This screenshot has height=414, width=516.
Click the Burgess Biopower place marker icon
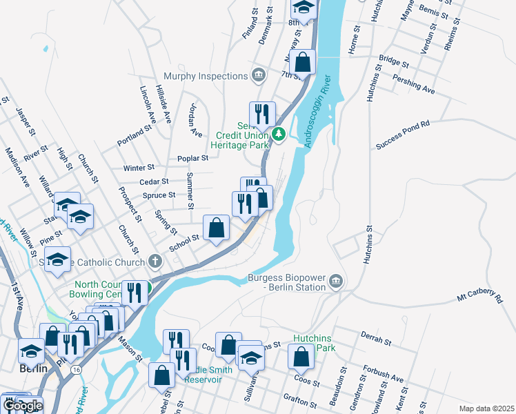pos(336,280)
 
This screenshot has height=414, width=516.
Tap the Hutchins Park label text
pos(315,343)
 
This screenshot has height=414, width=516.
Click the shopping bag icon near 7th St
pos(302,63)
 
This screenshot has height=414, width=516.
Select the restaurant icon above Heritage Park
pos(262,115)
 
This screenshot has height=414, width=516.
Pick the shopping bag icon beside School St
pos(216,228)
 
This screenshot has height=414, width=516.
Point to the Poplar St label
pos(193,158)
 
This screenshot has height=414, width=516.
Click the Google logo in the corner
pos(23,406)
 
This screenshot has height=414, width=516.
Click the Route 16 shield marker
pos(74,370)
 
